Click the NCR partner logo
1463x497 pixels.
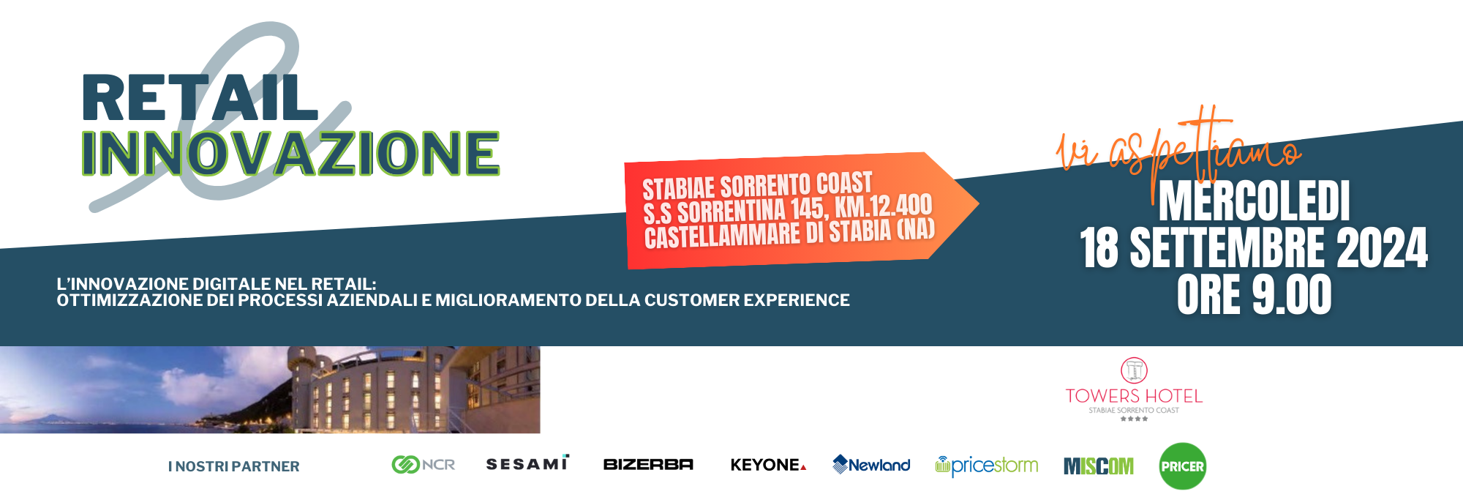point(424,465)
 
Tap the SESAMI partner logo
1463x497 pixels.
point(527,463)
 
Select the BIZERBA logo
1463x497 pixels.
point(648,464)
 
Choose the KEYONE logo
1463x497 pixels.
point(768,465)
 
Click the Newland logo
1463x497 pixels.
point(871,465)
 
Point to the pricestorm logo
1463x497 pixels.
point(987,466)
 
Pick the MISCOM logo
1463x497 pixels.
point(1099,466)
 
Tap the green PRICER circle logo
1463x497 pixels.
point(1183,466)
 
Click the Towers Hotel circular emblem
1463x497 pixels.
point(1134,370)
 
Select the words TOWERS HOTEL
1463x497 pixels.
point(1134,396)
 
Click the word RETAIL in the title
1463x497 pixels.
point(200,97)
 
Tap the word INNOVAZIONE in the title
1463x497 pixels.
point(290,154)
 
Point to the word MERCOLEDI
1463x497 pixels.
point(1254,201)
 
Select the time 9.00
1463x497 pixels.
point(1292,295)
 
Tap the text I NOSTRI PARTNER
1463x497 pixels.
point(234,466)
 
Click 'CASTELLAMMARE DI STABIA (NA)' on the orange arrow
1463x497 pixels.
point(790,234)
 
